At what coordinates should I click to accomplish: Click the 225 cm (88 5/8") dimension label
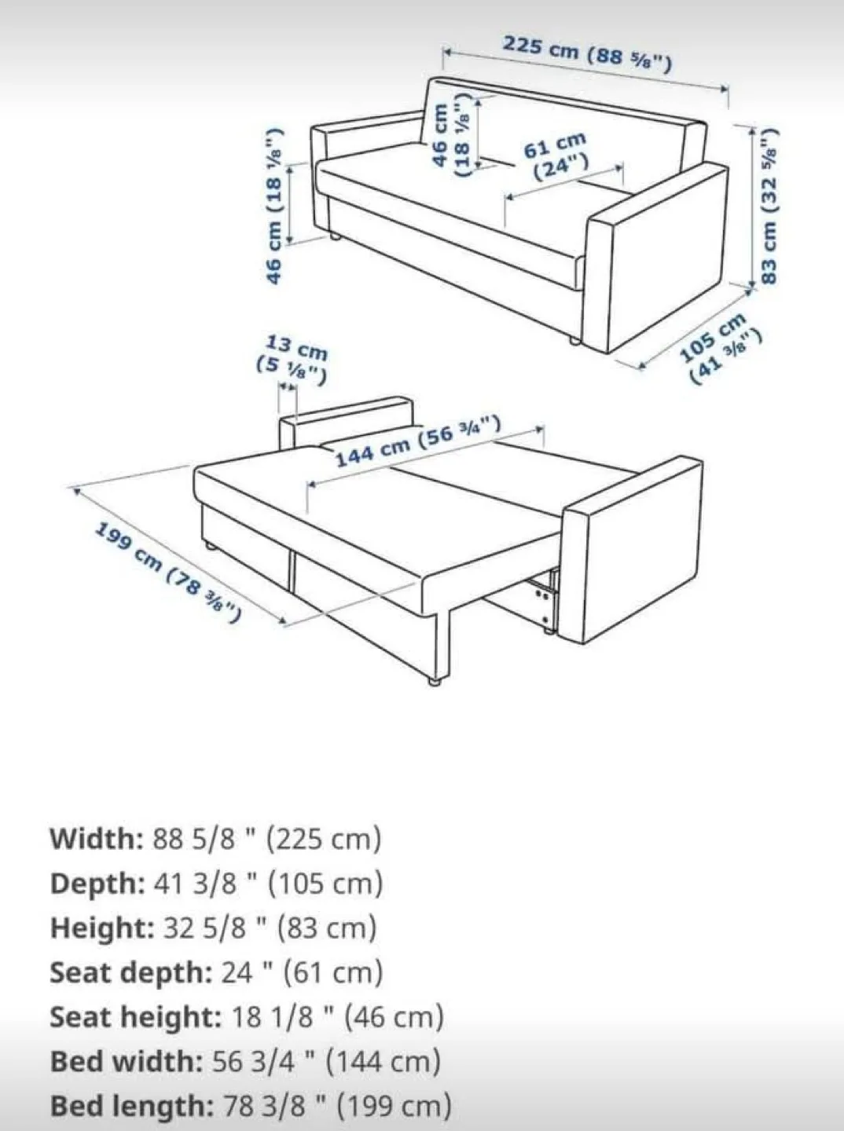(x=587, y=53)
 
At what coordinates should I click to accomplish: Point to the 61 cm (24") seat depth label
(x=558, y=156)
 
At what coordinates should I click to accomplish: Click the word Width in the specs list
(x=94, y=839)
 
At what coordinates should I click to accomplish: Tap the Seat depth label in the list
(x=130, y=973)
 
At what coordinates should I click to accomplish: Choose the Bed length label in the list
(x=130, y=1107)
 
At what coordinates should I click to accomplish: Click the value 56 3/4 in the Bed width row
(x=252, y=1062)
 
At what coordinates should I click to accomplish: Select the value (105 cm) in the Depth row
(x=325, y=884)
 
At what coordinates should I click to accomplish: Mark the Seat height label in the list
(x=135, y=1018)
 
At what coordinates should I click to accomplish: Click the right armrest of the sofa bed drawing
(x=635, y=550)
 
